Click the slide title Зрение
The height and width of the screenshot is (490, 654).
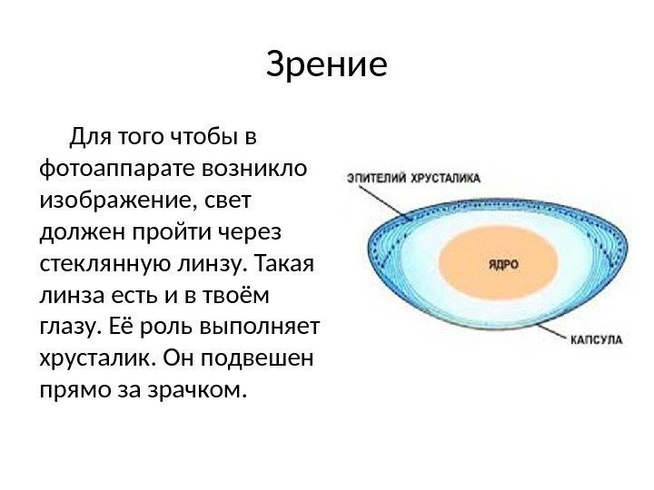(x=327, y=65)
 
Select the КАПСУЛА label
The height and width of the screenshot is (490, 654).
(x=596, y=340)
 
